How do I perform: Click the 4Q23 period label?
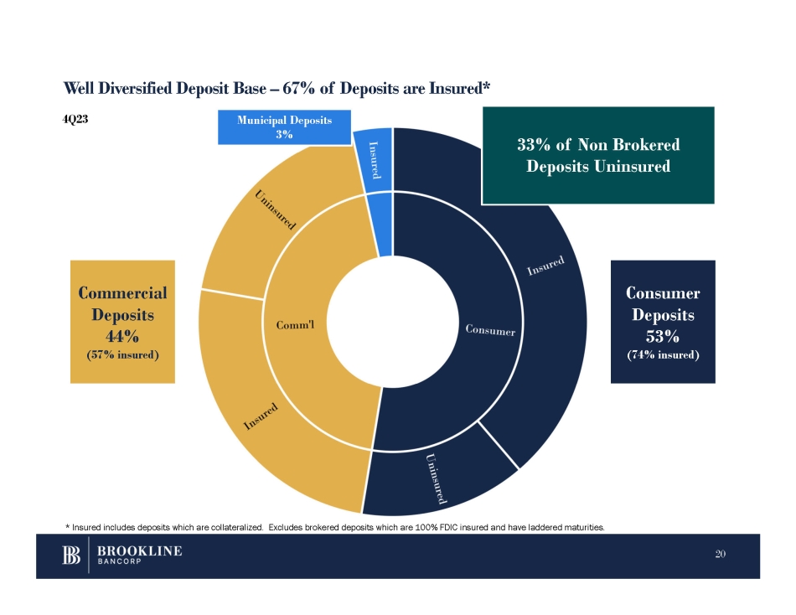coord(75,119)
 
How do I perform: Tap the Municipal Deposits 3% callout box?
coord(284,127)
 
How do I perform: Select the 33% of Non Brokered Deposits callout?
coord(598,155)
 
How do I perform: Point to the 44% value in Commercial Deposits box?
coord(122,336)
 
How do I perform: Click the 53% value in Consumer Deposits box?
coord(663,336)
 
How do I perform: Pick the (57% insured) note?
coord(123,354)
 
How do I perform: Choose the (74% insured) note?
coord(663,354)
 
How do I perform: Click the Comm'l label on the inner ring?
coord(295,325)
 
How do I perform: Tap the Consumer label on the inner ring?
coord(490,330)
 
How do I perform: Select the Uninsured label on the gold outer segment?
coord(275,209)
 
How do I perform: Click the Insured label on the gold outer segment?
coord(261,416)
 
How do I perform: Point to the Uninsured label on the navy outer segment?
coord(436,478)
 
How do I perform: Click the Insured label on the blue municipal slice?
coord(375,160)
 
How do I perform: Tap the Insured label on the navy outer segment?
coord(545,266)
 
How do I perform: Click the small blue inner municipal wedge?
coord(382,225)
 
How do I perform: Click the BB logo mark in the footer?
coord(71,555)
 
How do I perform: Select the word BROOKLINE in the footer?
coord(140,551)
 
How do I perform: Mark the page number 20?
coord(720,554)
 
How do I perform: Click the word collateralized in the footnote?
coord(236,527)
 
